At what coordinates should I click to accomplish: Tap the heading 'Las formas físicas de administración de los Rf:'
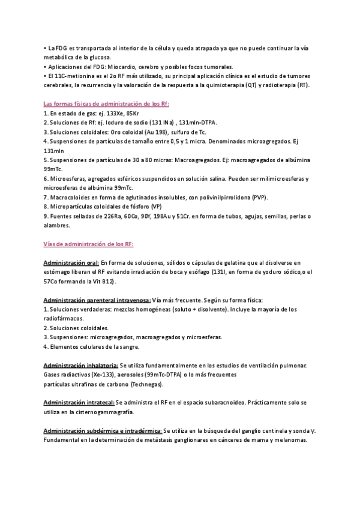click(x=106, y=103)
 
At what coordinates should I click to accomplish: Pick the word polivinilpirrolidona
click(x=232, y=197)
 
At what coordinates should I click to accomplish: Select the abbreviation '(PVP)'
click(x=260, y=197)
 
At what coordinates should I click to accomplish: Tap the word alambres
click(x=57, y=226)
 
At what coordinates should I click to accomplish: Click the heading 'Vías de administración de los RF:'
click(x=89, y=244)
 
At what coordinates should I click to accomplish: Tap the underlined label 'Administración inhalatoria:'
click(x=81, y=365)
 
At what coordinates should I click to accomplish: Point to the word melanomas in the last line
click(x=289, y=440)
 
